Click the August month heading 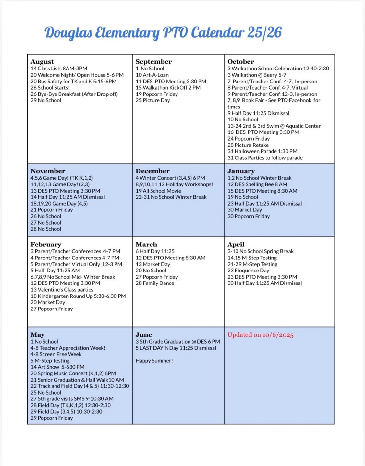[x=42, y=61]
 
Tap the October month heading [x=241, y=61]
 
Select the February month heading [x=46, y=244]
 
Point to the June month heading [x=144, y=334]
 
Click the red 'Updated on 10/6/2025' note [x=261, y=335]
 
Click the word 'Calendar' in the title [x=217, y=32]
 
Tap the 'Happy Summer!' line [x=154, y=360]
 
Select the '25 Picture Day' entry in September [x=153, y=100]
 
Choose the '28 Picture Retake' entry [x=248, y=145]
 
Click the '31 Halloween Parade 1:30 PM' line [x=262, y=151]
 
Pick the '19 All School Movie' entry [x=158, y=191]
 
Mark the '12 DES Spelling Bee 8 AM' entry [x=257, y=184]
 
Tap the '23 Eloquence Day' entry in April [x=249, y=271]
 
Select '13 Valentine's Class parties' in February [x=62, y=290]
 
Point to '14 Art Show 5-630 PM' [x=57, y=367]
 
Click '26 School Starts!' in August [x=50, y=88]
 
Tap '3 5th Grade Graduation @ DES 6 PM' [x=178, y=342]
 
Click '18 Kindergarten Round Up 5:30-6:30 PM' [x=78, y=296]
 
